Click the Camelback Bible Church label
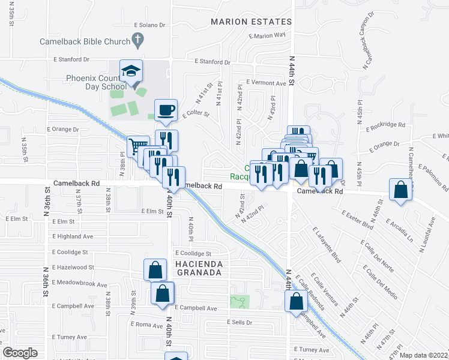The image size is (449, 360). (x=85, y=41)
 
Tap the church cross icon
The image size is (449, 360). (x=138, y=41)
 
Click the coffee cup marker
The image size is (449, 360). (x=166, y=110)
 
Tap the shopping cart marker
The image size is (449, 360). (x=138, y=145)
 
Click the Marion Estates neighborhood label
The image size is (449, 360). (x=251, y=22)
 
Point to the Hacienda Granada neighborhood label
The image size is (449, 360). (x=199, y=268)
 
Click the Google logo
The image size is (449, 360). (x=20, y=353)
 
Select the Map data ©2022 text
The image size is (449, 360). (x=423, y=355)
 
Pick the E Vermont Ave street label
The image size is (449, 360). (x=267, y=83)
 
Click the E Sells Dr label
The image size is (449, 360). (x=240, y=322)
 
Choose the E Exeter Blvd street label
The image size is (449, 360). (x=357, y=221)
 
